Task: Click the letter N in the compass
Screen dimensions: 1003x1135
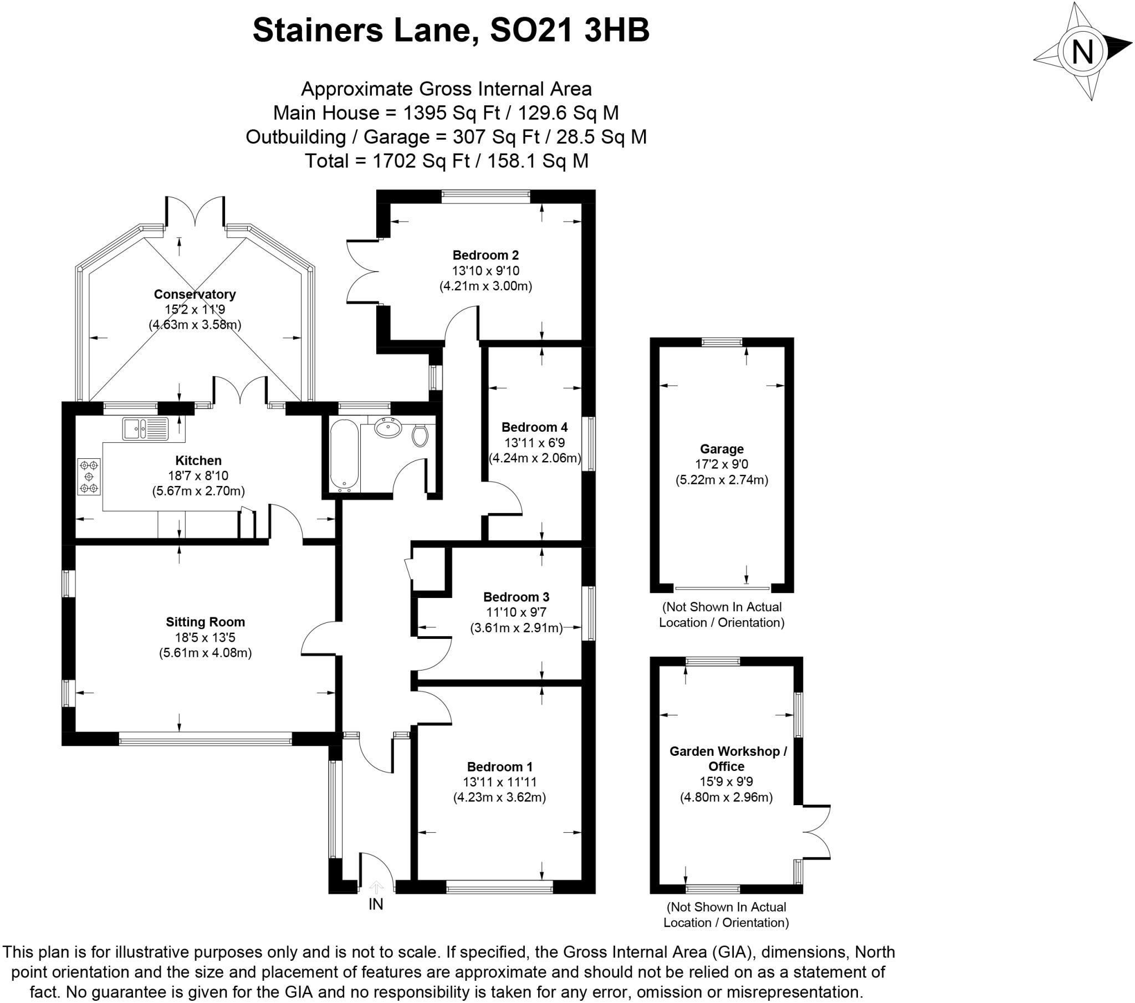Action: point(1082,53)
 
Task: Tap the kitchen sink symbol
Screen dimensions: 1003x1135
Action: point(145,428)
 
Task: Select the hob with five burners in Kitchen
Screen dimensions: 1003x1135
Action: point(89,476)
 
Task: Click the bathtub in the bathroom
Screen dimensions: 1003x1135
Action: point(345,455)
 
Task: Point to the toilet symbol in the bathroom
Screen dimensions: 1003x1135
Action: point(420,436)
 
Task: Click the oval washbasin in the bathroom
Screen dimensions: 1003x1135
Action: point(388,428)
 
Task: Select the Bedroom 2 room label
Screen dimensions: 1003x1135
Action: point(485,255)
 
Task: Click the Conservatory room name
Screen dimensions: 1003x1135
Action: point(195,294)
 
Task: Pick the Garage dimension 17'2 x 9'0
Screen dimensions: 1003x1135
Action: point(722,464)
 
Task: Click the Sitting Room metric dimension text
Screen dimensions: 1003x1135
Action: point(205,653)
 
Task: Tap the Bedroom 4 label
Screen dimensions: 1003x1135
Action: point(534,427)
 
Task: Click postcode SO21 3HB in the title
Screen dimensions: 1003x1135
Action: point(570,30)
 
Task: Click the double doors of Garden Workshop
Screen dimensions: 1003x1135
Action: point(816,832)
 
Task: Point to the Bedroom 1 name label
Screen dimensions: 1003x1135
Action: point(499,767)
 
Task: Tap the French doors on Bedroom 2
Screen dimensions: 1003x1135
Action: point(362,271)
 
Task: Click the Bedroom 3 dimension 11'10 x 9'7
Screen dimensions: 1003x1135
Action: point(516,612)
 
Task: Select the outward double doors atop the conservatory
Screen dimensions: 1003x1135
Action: point(195,211)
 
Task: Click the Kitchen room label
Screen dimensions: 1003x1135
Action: point(198,460)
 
